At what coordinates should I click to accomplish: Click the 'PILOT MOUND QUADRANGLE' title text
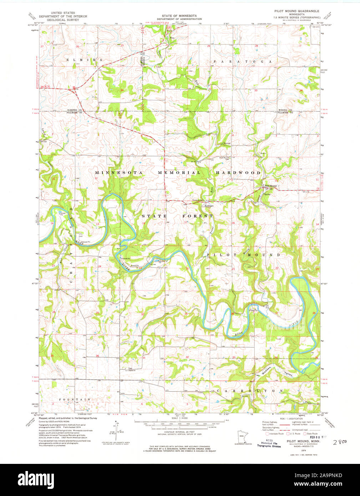299,11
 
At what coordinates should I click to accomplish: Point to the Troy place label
172,38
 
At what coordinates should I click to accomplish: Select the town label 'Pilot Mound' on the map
270,186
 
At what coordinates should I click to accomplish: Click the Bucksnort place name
209,206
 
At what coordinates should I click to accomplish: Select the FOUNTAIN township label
75,399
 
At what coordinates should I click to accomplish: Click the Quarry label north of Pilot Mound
263,154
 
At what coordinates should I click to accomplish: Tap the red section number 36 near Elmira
122,90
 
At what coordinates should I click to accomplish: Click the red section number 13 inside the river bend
97,224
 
